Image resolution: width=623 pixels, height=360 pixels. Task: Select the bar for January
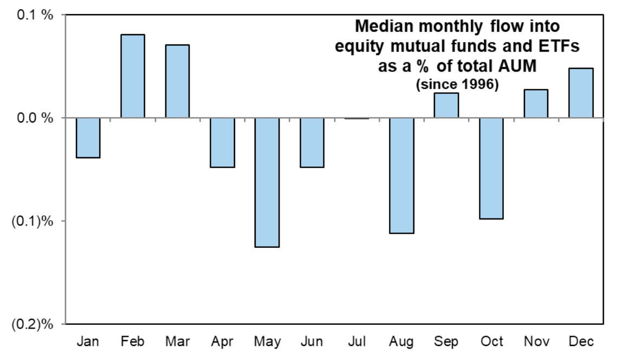pyautogui.click(x=88, y=138)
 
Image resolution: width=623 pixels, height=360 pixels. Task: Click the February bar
pyautogui.click(x=133, y=76)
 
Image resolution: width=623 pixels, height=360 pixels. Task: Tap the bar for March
pyautogui.click(x=178, y=81)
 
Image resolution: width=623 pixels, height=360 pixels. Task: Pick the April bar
pyautogui.click(x=223, y=143)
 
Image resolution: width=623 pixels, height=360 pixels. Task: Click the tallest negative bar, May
pyautogui.click(x=267, y=183)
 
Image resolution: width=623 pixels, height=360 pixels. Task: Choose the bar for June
pyautogui.click(x=312, y=143)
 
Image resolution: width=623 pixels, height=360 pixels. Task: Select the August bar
pyautogui.click(x=401, y=176)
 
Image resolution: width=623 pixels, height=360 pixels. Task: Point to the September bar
pyautogui.click(x=446, y=105)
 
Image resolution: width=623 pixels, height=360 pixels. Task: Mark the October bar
pyautogui.click(x=491, y=168)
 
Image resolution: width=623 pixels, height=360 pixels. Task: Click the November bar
pyautogui.click(x=536, y=104)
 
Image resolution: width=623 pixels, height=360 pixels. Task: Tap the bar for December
pyautogui.click(x=581, y=93)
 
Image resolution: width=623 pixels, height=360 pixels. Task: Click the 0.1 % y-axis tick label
pyautogui.click(x=35, y=15)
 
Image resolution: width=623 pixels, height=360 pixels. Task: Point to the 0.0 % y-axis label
pyautogui.click(x=35, y=118)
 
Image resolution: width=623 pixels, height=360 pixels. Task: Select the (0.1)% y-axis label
pyautogui.click(x=32, y=221)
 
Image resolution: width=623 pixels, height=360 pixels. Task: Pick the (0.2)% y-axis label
pyautogui.click(x=32, y=324)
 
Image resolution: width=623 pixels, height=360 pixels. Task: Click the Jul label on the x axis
pyautogui.click(x=357, y=342)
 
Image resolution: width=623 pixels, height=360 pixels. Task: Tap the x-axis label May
pyautogui.click(x=268, y=342)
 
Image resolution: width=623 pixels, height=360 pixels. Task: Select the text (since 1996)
pyautogui.click(x=457, y=85)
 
